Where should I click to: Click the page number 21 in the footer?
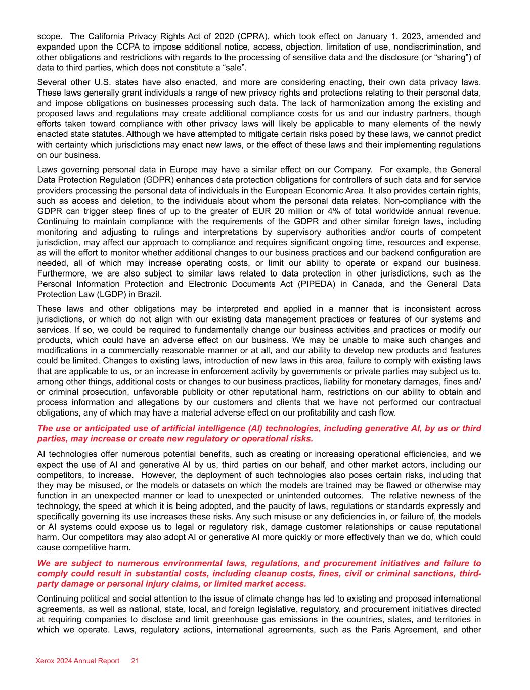[136, 661]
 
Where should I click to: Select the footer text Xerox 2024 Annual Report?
[78, 661]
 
